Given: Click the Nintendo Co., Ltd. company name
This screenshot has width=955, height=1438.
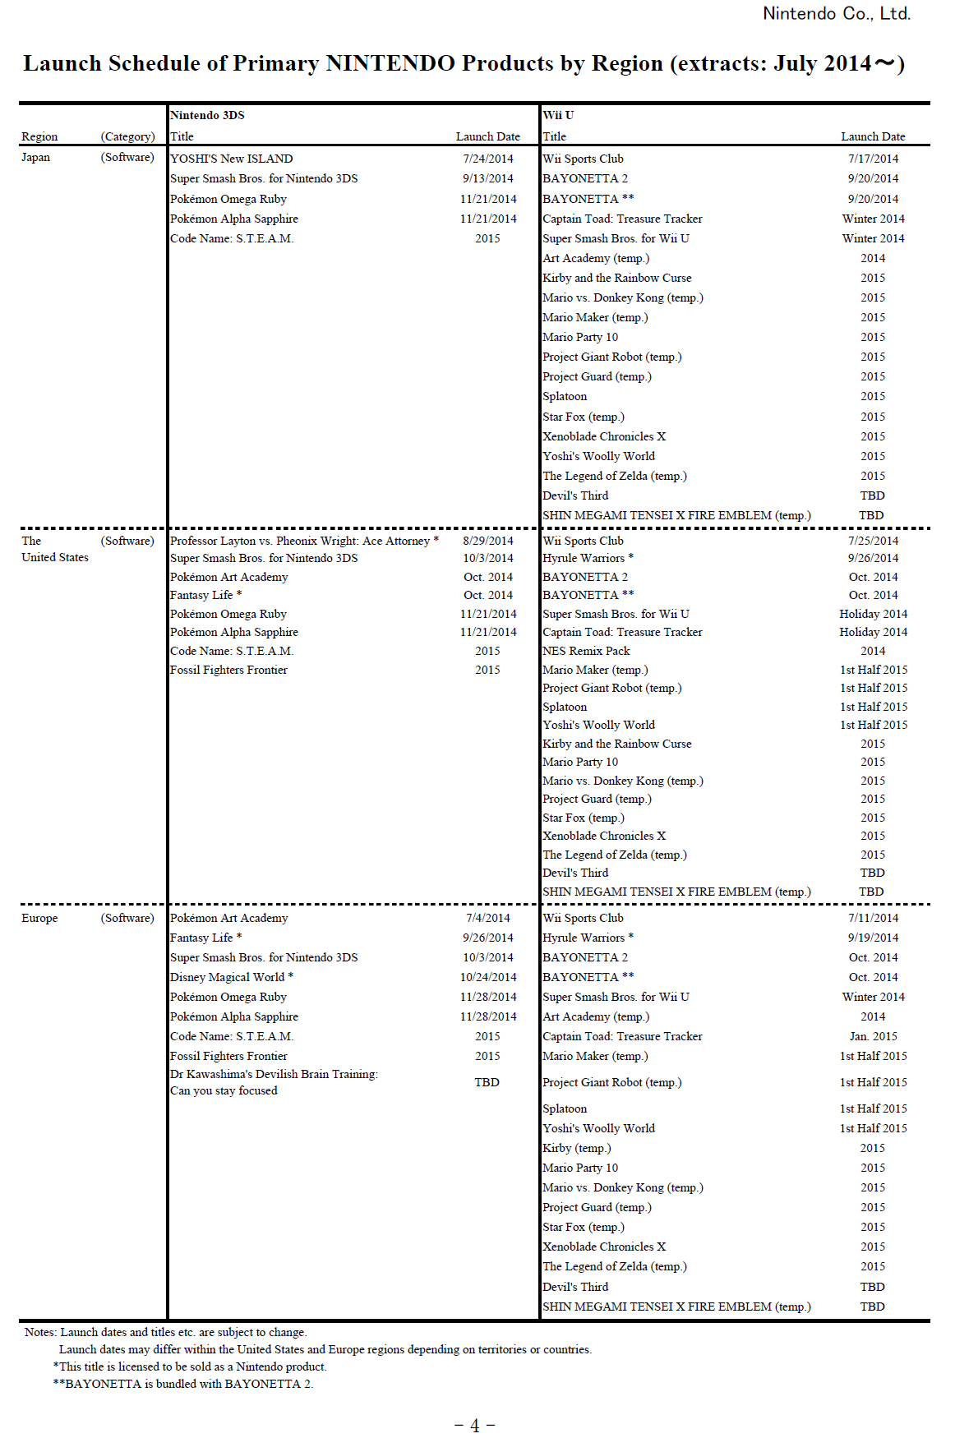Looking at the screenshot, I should pos(836,14).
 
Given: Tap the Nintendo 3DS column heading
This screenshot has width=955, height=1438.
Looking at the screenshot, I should pos(207,115).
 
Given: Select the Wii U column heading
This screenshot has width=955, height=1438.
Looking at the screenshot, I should pos(558,115).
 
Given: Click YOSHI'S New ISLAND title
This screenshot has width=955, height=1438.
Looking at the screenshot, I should pos(231,159).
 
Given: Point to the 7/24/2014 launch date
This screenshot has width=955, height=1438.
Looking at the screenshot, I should pos(487,159).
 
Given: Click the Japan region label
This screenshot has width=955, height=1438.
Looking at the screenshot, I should pos(35,157).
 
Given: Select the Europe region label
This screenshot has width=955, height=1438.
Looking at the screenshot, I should pos(39,918).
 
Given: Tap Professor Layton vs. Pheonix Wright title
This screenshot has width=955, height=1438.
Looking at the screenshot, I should pos(301,541).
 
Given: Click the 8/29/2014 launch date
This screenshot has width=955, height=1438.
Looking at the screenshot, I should pos(487,541).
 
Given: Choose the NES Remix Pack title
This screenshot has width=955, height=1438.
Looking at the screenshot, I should pos(586,651).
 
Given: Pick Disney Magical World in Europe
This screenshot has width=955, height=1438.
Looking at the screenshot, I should pos(228,977).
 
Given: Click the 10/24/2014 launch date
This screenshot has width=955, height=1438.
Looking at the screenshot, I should pos(488,977).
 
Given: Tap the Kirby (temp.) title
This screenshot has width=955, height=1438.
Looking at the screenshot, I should pos(576,1148).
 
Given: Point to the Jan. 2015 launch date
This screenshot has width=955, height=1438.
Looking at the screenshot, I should pos(873,1036).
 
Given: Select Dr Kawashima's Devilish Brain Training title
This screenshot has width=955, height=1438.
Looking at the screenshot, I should pos(274,1074).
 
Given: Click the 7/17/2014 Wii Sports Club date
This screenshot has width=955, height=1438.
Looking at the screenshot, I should pos(873,159).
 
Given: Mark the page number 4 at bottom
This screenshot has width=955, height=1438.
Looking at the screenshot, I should pos(474,1426).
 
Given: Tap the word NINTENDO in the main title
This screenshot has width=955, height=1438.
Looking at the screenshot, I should pos(390,63).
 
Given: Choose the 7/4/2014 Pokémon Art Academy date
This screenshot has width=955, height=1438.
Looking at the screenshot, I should pos(487,918).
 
